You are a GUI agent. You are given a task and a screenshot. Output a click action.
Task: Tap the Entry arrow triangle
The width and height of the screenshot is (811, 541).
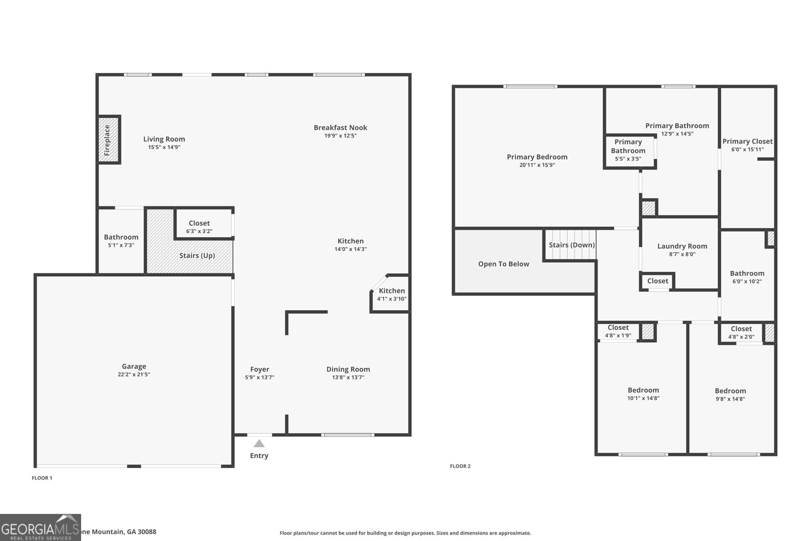point(259,444)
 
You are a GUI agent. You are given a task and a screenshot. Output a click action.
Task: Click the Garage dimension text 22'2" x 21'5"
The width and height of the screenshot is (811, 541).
point(134,375)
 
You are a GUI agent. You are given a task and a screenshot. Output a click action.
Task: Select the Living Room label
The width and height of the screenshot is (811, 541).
point(164,139)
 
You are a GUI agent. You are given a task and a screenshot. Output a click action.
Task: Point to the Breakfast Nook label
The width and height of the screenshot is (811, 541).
point(340,128)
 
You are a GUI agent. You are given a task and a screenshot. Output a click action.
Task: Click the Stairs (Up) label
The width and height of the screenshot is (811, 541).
point(197,256)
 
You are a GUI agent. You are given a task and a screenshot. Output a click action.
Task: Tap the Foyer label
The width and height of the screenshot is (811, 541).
point(260,369)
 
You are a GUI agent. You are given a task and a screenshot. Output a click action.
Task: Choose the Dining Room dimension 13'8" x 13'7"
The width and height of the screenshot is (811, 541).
point(348,377)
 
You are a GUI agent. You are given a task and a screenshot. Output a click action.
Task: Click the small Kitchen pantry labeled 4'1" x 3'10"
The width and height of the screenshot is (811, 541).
point(391,295)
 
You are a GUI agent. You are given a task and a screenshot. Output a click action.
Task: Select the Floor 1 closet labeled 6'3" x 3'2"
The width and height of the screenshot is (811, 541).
point(199,227)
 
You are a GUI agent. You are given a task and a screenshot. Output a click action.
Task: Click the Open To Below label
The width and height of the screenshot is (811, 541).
point(503,264)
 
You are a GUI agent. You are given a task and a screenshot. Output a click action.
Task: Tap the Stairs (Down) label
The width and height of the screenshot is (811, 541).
point(572,245)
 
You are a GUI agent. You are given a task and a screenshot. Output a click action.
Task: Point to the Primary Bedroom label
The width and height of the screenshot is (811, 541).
point(537,157)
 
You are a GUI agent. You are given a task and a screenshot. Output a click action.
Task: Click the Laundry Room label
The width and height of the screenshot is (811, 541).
point(682,246)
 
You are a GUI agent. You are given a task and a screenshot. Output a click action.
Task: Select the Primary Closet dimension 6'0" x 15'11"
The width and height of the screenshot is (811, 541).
point(747,150)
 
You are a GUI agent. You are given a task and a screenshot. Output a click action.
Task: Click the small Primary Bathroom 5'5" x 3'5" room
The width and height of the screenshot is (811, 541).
point(628,151)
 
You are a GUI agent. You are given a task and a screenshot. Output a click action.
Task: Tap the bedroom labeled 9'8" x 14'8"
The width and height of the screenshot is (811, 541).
point(730,394)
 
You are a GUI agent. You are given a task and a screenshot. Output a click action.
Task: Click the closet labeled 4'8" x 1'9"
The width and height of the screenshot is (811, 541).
point(618,332)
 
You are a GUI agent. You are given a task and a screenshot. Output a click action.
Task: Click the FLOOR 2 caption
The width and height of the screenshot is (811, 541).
point(460,466)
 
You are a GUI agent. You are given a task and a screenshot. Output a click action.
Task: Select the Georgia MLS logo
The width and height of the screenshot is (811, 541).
point(40,527)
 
